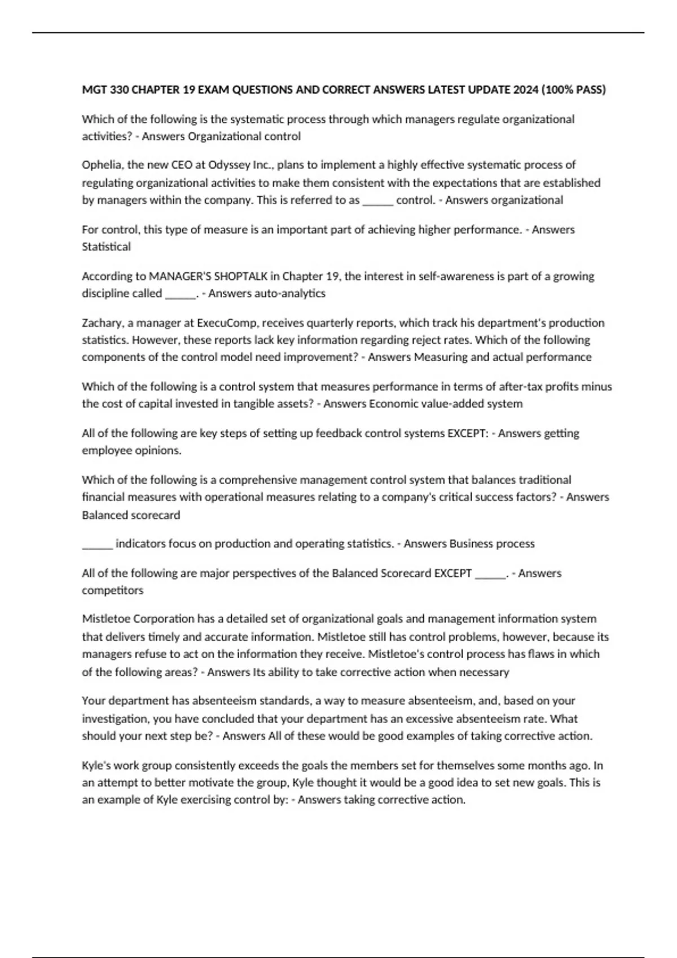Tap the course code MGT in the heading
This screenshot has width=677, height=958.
click(x=93, y=90)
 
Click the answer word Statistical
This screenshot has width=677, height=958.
click(x=106, y=247)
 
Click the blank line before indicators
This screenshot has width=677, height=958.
click(x=97, y=544)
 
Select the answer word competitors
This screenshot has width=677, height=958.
click(x=112, y=591)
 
